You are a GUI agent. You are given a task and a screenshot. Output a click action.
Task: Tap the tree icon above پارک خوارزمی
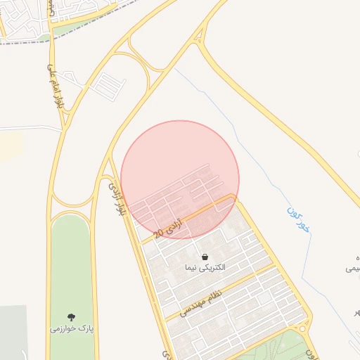pos(71,317)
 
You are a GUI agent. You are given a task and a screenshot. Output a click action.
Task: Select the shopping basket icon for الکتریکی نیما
pos(205,257)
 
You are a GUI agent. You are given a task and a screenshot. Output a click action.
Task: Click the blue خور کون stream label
pos(298,221)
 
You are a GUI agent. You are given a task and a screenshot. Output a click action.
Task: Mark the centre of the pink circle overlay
pos(180,179)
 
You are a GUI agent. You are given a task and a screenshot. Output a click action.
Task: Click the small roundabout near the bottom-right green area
pos(303,329)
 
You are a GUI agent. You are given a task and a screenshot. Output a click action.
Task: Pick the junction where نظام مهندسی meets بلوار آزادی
pos(167,321)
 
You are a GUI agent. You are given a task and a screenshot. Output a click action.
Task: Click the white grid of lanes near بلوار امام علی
pos(107,85)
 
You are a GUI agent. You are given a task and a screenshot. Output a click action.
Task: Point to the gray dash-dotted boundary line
pos(84,28)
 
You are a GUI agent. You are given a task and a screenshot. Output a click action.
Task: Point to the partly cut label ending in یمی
pos(352,268)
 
